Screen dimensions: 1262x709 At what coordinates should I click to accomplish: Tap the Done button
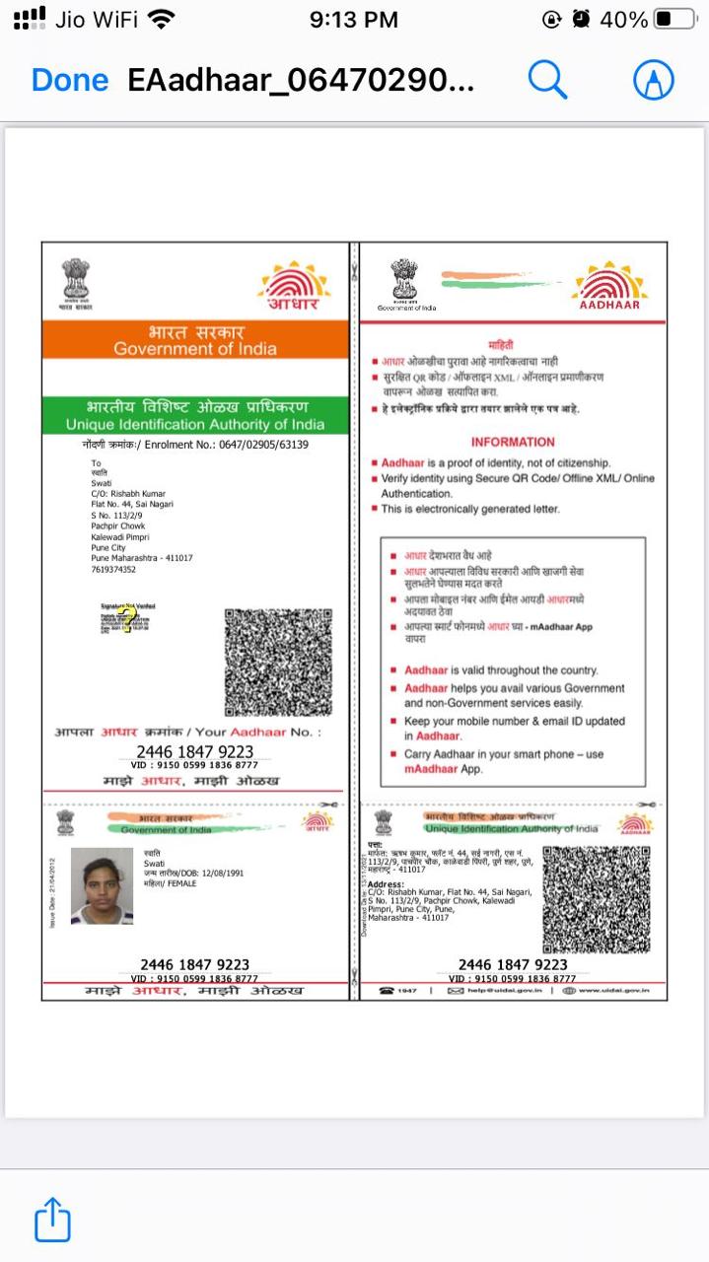point(69,80)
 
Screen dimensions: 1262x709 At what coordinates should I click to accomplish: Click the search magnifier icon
point(547,79)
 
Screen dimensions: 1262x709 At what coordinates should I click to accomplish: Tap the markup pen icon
point(653,79)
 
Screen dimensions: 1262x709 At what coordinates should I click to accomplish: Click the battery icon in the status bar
point(675,20)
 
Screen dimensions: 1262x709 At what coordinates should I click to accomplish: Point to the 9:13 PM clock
point(353,20)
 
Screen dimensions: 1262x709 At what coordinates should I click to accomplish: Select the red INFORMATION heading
point(513,442)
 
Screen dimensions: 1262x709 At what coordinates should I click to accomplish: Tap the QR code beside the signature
point(278,662)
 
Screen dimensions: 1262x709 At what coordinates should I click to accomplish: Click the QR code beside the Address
point(597,898)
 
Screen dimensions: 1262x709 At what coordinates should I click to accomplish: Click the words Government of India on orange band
point(195,349)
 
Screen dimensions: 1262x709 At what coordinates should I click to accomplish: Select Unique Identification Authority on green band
point(195,424)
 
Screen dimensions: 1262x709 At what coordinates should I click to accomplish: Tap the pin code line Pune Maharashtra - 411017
point(142,558)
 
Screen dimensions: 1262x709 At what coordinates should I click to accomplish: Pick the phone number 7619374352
point(113,570)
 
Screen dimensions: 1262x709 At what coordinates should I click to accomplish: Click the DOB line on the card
point(193,874)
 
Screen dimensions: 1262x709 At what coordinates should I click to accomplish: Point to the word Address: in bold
point(386,884)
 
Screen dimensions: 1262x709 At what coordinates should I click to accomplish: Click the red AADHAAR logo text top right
point(609,305)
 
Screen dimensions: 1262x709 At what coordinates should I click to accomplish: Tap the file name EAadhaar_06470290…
point(301,80)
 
